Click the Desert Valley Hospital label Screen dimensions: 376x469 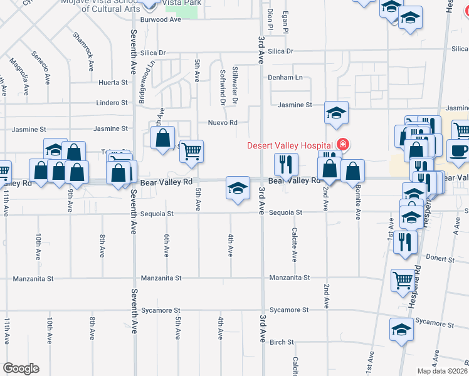(290, 145)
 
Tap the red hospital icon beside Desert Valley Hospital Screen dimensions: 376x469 (342, 145)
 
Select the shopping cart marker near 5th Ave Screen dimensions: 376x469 (191, 150)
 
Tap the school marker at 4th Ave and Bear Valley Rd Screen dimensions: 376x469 (238, 188)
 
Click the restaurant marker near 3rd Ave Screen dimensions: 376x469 (285, 165)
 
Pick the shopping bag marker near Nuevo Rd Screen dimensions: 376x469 (163, 138)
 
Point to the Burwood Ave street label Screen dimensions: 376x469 (161, 19)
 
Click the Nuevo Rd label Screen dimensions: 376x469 (223, 123)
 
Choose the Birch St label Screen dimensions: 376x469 (282, 342)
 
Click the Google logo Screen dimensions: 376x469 (21, 368)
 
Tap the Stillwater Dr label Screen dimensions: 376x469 (236, 85)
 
